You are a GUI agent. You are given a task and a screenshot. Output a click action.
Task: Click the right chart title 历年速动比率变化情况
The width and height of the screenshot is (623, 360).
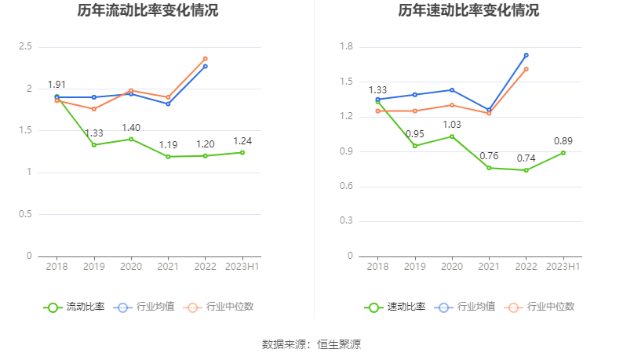point(468,11)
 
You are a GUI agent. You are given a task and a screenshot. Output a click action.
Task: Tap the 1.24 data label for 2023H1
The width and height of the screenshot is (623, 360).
point(243,141)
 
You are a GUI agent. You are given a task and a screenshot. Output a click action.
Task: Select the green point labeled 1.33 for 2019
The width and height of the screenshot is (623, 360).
point(94,144)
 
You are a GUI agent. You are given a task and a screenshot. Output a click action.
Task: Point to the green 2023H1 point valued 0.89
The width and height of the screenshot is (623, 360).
point(563,152)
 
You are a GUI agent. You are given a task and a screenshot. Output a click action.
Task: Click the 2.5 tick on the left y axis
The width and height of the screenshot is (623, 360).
point(25,47)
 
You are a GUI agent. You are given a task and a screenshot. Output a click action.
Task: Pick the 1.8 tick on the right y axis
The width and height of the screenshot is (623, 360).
point(346,47)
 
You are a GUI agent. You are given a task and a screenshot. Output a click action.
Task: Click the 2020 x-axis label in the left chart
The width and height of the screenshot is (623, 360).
point(131,267)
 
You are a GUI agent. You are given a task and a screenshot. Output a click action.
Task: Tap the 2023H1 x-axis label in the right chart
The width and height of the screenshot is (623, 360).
point(563,267)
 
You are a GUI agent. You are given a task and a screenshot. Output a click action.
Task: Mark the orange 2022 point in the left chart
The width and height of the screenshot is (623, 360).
point(206,59)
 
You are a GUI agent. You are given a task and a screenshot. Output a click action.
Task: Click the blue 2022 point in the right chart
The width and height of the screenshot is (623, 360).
point(526,55)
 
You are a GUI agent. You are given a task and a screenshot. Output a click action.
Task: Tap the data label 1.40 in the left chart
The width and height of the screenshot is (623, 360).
point(131,128)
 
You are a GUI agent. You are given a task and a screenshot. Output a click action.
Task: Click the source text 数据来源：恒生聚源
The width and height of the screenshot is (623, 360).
point(311,344)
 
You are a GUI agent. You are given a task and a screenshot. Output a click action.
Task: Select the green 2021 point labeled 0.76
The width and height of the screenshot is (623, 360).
point(489,168)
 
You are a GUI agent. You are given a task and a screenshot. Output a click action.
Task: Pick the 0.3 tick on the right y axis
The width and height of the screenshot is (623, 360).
point(346,221)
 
